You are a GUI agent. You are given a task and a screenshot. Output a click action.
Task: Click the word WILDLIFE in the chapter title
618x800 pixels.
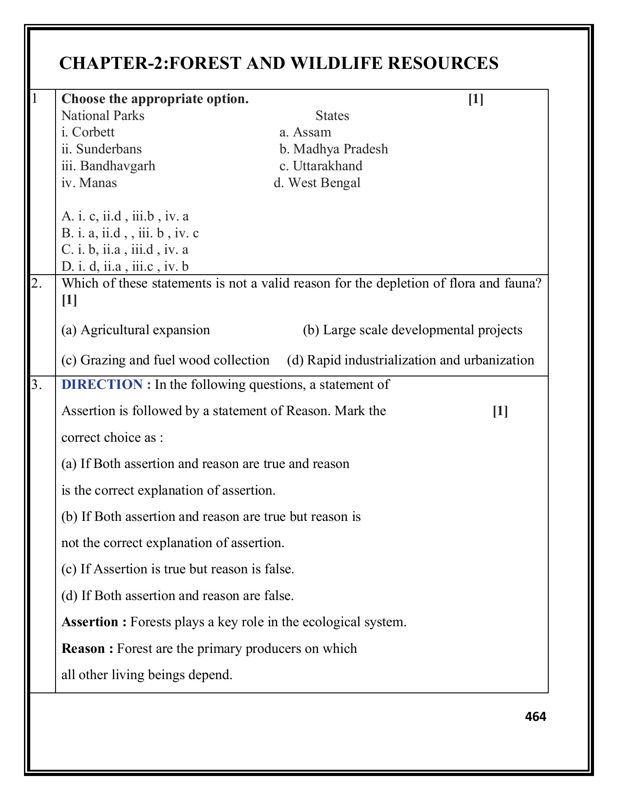pos(337,64)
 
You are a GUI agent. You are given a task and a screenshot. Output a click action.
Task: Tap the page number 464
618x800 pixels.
pos(535,716)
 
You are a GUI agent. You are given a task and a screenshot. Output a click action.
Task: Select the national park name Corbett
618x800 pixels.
pos(93,132)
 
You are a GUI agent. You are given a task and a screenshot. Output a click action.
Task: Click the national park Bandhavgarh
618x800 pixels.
pos(117,166)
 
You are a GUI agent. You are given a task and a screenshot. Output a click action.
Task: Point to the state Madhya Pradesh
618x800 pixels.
pos(340,149)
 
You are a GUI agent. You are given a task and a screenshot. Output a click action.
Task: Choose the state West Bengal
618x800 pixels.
pos(324,183)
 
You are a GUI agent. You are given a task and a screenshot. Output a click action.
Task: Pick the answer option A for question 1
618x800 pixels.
pos(125,216)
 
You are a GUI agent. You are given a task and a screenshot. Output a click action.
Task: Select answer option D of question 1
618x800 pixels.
pos(125,267)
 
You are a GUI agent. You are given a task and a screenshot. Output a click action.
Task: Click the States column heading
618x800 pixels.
pos(332,116)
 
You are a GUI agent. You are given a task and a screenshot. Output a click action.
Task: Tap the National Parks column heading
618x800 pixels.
pos(103,116)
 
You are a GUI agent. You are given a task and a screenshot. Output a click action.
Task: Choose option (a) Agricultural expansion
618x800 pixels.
pos(136,330)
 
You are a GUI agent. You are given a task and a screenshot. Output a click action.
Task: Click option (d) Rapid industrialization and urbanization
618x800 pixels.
pos(410,360)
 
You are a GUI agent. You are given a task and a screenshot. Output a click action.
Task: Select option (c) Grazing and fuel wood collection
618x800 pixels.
pos(165,360)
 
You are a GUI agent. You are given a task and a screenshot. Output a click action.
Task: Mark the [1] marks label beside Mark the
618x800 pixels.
pos(500,411)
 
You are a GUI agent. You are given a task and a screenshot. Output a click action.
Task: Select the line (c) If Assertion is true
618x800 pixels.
pos(178,569)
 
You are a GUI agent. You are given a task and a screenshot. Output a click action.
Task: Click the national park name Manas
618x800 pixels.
pos(98,183)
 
